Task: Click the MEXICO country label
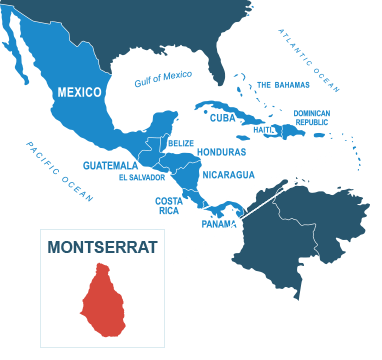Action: click(x=79, y=92)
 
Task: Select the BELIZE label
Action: click(x=179, y=143)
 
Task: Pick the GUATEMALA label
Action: click(x=111, y=164)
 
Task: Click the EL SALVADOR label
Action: click(x=139, y=177)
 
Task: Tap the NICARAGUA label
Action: click(x=229, y=174)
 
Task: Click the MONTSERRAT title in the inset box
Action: click(x=102, y=247)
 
